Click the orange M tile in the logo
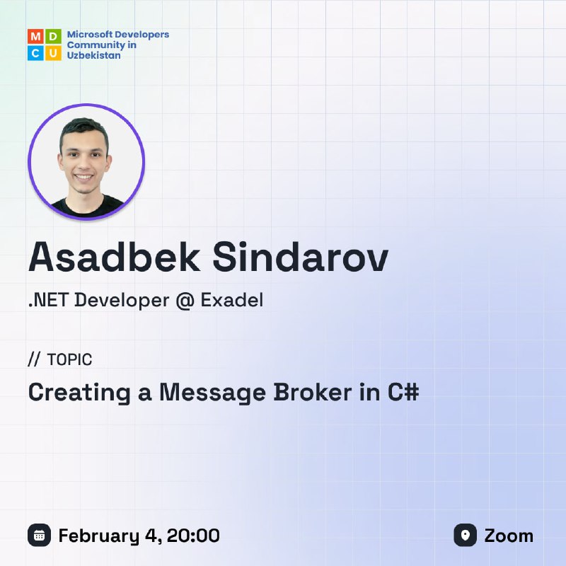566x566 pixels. pyautogui.click(x=36, y=37)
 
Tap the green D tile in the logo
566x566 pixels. pyautogui.click(x=53, y=37)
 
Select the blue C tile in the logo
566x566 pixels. pyautogui.click(x=36, y=52)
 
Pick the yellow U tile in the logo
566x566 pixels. pyautogui.click(x=53, y=52)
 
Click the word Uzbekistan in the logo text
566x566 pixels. pyautogui.click(x=94, y=55)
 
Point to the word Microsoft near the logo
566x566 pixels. pyautogui.click(x=88, y=34)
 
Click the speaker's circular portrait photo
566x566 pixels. pyautogui.click(x=86, y=162)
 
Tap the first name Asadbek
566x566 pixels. pyautogui.click(x=115, y=257)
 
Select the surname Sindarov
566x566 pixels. pyautogui.click(x=300, y=257)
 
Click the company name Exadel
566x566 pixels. pyautogui.click(x=232, y=300)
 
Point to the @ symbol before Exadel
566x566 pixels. pyautogui.click(x=185, y=301)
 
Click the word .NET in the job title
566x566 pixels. pyautogui.click(x=48, y=300)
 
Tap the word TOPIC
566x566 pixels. pyautogui.click(x=69, y=359)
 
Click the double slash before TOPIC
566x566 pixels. pyautogui.click(x=34, y=359)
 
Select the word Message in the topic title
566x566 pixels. pyautogui.click(x=213, y=393)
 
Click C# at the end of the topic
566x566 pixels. pyautogui.click(x=403, y=392)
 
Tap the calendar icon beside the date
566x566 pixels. pyautogui.click(x=40, y=535)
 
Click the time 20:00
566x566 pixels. pyautogui.click(x=193, y=536)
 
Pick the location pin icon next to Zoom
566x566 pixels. pyautogui.click(x=466, y=535)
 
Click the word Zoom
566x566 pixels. pyautogui.click(x=509, y=536)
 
